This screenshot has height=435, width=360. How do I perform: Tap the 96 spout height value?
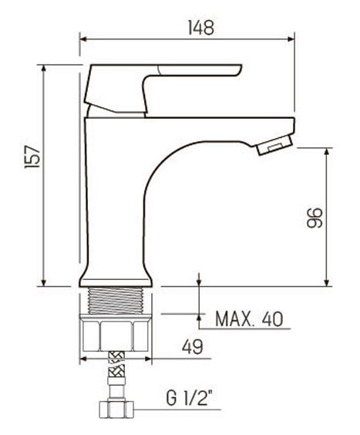tap(313, 217)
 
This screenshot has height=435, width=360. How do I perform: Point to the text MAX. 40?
tap(248, 319)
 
